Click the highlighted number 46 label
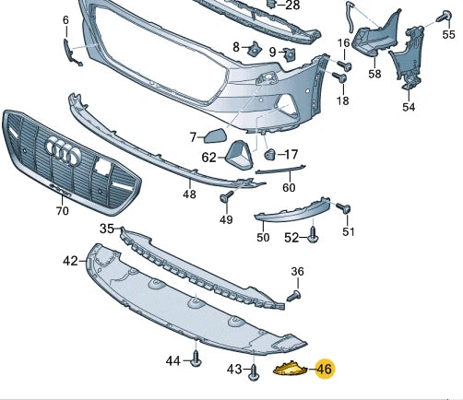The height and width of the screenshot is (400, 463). [324, 370]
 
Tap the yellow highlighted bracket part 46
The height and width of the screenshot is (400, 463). [291, 370]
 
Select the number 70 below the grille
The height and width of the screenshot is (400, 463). [62, 210]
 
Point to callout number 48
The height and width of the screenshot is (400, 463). [189, 194]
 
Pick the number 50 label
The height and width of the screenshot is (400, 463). [263, 237]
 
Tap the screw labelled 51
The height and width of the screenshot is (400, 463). [341, 209]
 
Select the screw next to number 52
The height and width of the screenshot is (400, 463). [314, 238]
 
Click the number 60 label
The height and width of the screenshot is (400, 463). [288, 187]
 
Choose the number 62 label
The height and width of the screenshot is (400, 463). [209, 158]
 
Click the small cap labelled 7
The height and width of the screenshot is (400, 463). [218, 136]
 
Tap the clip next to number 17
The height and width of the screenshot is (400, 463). [270, 153]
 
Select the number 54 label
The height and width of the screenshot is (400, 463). [409, 107]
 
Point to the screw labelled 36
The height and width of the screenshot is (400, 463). [295, 296]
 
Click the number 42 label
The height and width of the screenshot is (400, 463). [71, 261]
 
